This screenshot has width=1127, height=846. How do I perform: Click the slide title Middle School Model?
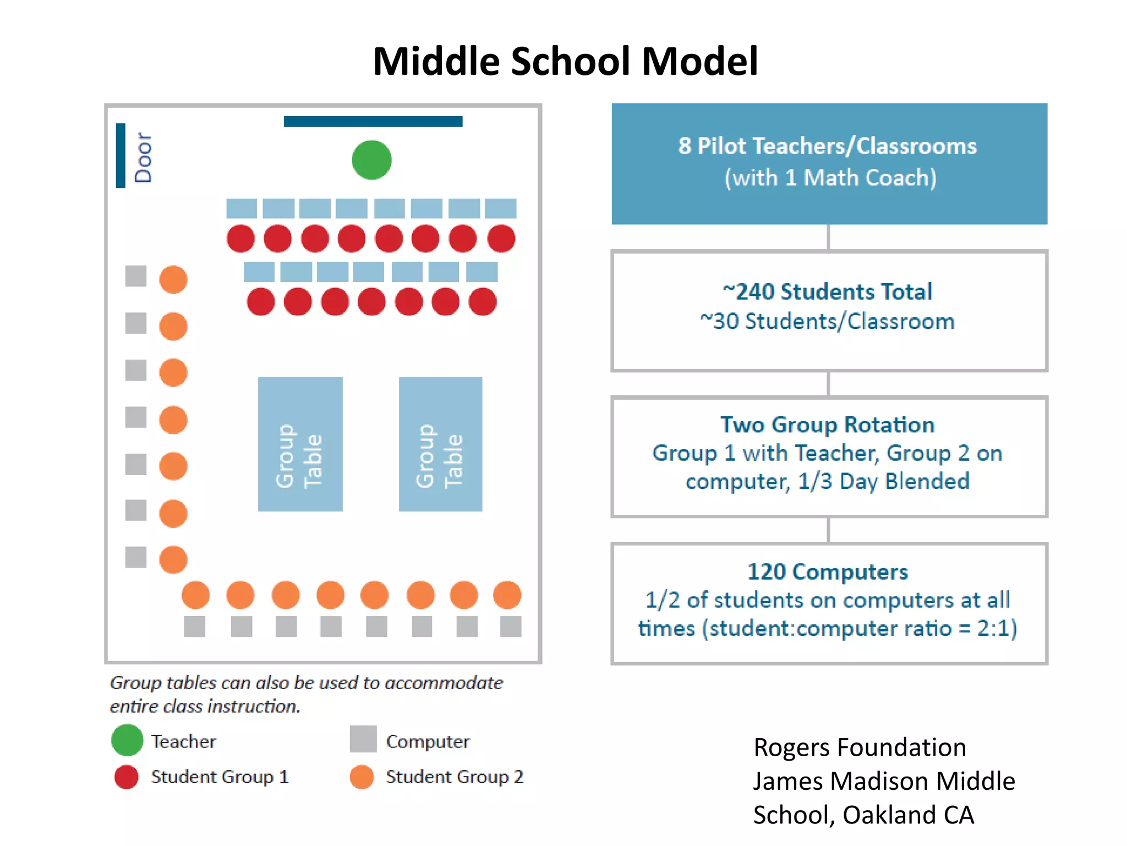(565, 61)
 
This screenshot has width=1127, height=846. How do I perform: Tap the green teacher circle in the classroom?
(371, 160)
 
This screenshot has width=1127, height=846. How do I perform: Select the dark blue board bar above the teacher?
(373, 121)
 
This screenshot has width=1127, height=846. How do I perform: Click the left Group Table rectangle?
(300, 444)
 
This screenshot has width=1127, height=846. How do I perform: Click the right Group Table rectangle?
(440, 444)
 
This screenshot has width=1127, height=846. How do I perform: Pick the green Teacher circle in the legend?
(127, 740)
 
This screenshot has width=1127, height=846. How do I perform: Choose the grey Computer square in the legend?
(363, 739)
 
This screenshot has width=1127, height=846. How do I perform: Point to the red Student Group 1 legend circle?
(127, 777)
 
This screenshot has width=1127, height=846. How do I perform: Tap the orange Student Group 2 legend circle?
(362, 777)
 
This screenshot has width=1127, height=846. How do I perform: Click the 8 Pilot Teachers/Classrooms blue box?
(829, 163)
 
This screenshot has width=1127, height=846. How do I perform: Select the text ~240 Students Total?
(827, 292)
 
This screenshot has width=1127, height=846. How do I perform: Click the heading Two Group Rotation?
(827, 425)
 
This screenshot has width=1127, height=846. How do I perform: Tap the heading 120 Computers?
(827, 572)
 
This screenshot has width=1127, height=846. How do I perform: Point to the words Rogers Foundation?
(860, 747)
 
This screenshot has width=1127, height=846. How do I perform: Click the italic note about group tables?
(306, 694)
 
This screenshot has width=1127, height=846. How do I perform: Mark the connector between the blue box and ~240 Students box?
(828, 237)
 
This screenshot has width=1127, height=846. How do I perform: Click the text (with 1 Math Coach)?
(830, 178)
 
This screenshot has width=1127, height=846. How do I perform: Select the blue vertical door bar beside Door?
(121, 155)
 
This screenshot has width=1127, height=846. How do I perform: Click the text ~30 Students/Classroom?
(827, 322)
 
